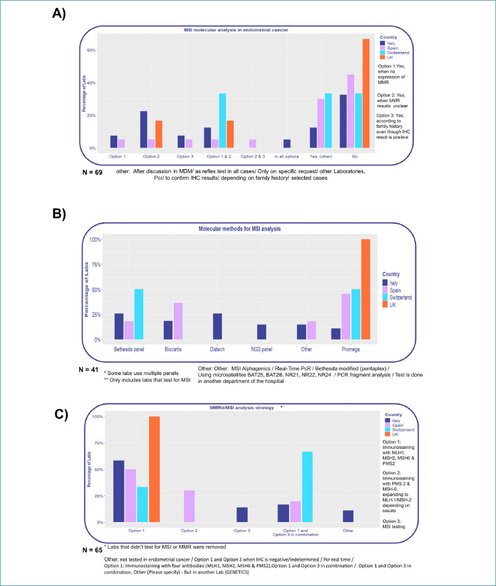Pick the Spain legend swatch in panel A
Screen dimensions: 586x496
tap(381, 48)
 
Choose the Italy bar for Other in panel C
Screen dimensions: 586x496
tap(348, 516)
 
